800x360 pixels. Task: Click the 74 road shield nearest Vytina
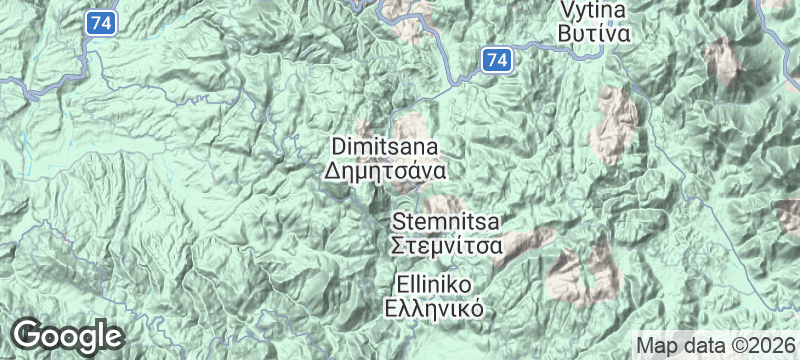tap(497, 61)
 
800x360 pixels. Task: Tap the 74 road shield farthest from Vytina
tap(97, 21)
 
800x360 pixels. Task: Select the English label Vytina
tap(594, 10)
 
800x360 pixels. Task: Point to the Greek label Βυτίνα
tap(594, 33)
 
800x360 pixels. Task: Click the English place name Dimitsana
tap(385, 147)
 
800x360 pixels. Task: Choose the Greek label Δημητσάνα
tap(385, 170)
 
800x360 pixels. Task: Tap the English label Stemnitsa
tap(446, 220)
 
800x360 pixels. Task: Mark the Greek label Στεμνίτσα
tap(446, 243)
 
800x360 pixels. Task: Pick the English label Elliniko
tap(434, 284)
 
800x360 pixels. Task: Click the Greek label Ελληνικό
tap(434, 307)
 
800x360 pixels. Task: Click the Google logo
tap(67, 335)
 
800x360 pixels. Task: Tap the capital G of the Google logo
tap(29, 334)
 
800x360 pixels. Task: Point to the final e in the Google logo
tap(112, 336)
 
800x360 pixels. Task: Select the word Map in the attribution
tap(659, 344)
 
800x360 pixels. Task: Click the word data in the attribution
tap(703, 344)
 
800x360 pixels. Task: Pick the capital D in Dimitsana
tap(337, 147)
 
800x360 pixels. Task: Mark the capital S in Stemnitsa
tap(399, 220)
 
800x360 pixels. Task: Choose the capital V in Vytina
tap(567, 10)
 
